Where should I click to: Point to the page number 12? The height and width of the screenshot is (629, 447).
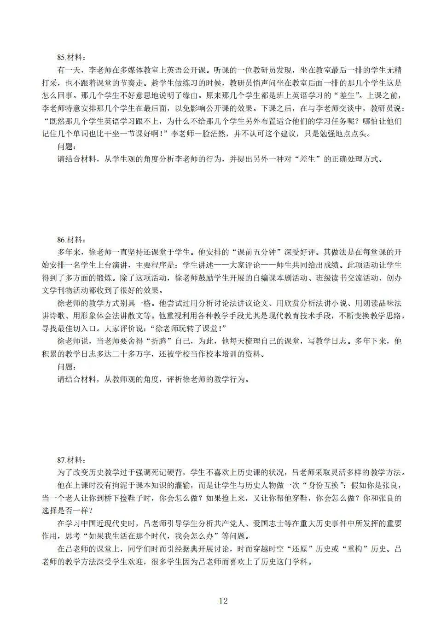pyautogui.click(x=223, y=601)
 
